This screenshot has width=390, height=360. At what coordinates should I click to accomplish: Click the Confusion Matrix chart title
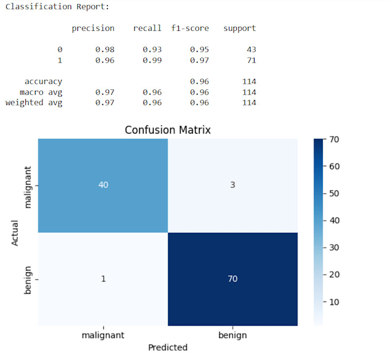pyautogui.click(x=167, y=130)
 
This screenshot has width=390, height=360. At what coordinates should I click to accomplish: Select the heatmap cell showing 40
pyautogui.click(x=103, y=185)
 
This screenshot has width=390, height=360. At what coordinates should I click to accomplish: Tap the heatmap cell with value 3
pyautogui.click(x=232, y=185)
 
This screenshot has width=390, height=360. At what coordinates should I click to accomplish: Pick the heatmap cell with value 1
pyautogui.click(x=103, y=279)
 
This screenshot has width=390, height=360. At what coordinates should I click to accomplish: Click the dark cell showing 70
pyautogui.click(x=232, y=279)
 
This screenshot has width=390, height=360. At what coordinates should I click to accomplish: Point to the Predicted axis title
pyautogui.click(x=167, y=347)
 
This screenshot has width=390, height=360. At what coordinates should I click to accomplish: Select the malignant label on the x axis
pyautogui.click(x=103, y=335)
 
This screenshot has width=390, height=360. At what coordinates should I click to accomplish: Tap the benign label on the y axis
pyautogui.click(x=28, y=279)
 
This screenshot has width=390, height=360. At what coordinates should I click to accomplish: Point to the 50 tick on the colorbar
pyautogui.click(x=334, y=193)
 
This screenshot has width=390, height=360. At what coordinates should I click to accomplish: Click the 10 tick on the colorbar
pyautogui.click(x=334, y=302)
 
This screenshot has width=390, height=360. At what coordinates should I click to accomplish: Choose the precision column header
pyautogui.click(x=93, y=28)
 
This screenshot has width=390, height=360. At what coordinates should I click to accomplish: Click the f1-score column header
pyautogui.click(x=190, y=28)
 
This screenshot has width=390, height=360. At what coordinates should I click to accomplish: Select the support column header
pyautogui.click(x=240, y=28)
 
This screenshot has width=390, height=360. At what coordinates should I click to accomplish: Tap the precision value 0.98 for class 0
pyautogui.click(x=105, y=49)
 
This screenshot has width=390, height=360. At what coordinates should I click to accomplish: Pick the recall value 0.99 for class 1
pyautogui.click(x=152, y=60)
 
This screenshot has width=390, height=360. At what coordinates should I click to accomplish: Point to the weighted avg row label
pyautogui.click(x=34, y=103)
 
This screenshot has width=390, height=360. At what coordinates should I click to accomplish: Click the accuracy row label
pyautogui.click(x=43, y=82)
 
